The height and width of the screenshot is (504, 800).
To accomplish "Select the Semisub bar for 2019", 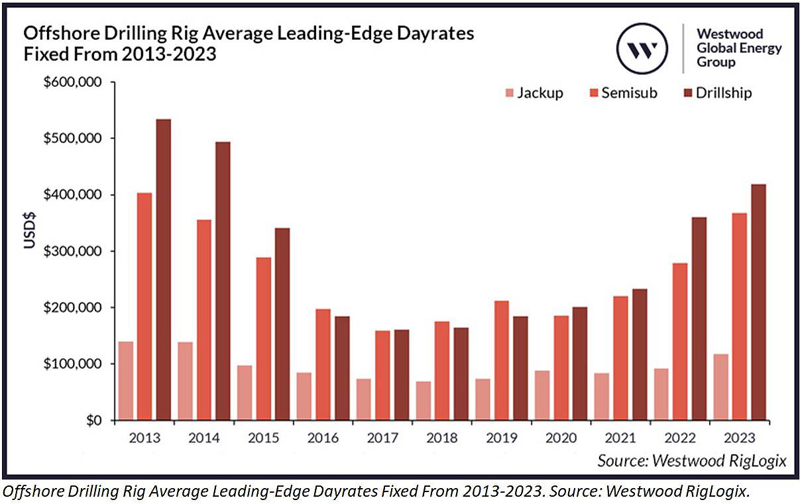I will point(502,360).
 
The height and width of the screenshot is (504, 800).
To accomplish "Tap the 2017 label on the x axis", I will point(382,438).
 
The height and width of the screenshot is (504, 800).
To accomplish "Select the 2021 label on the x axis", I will point(621,438).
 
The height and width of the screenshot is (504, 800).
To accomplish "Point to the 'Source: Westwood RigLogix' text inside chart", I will point(691,460).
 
